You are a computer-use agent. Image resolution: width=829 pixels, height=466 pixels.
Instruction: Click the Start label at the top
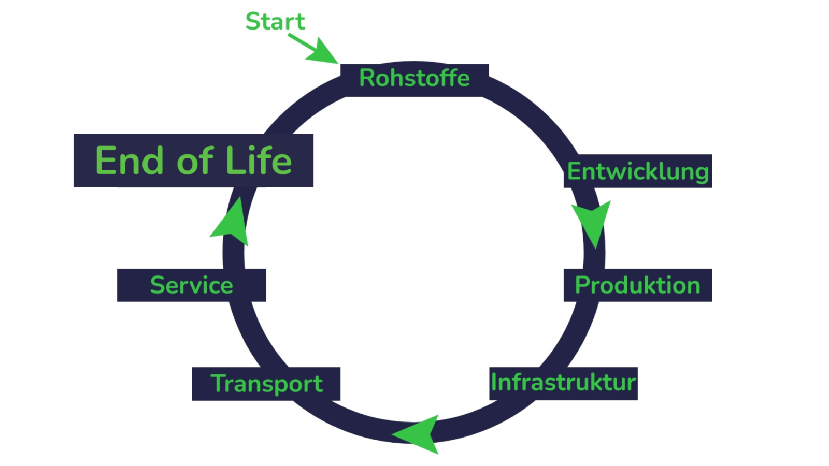point(275,22)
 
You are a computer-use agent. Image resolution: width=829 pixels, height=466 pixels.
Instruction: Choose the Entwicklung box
point(638,171)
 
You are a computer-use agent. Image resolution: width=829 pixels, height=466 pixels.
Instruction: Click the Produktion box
point(638,285)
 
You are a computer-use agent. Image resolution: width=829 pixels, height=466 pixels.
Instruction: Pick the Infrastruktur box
point(563,383)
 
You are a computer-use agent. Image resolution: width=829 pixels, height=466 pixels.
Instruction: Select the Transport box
point(266,384)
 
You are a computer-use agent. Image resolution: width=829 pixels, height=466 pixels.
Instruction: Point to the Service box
point(191,285)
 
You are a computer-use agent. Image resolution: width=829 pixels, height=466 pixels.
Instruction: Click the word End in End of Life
point(130,161)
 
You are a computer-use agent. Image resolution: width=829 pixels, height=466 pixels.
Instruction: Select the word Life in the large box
point(259,161)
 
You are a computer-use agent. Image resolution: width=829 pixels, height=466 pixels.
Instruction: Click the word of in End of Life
point(195,161)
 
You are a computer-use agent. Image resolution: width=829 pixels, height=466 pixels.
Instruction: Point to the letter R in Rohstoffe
point(367,78)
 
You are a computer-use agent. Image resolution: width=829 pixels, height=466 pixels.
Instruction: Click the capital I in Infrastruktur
point(494,382)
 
